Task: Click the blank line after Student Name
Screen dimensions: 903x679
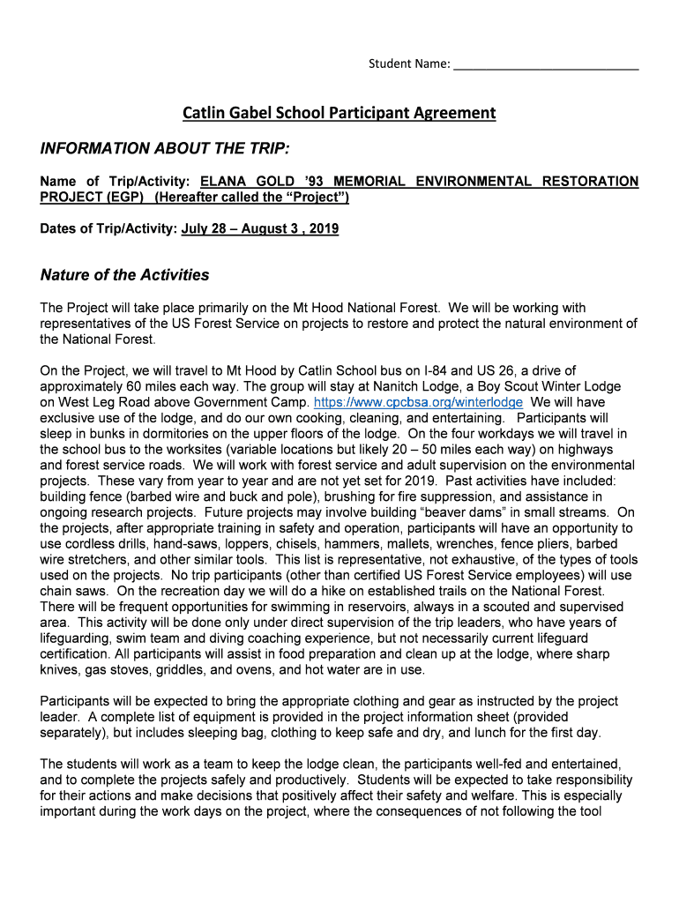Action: tap(546, 64)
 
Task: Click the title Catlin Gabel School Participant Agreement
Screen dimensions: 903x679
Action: tap(339, 113)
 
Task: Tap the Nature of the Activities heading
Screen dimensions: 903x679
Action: tap(125, 275)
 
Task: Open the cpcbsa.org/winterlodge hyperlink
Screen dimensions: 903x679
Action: tap(418, 402)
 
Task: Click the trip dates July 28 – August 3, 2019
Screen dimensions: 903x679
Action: tap(260, 229)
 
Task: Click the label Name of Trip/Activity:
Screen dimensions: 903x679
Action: tap(117, 182)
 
